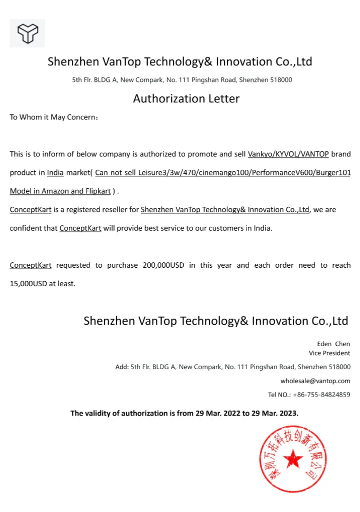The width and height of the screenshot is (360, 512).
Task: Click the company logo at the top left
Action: coord(27,33)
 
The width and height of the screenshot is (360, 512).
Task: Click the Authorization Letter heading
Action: coord(186,99)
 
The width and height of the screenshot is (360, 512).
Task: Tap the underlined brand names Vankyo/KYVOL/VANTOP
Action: coord(288,154)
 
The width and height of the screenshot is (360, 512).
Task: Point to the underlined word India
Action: coord(55,173)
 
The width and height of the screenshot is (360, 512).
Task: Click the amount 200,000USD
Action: coord(163,265)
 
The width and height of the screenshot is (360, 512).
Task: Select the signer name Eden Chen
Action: coord(333,344)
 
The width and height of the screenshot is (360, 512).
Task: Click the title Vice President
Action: coord(329,353)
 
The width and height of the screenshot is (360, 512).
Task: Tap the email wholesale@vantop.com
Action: coord(315,381)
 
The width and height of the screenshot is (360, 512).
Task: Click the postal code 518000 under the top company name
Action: coord(281,80)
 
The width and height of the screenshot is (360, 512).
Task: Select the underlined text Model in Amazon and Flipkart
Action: coord(60,191)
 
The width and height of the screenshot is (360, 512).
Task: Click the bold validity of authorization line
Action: coord(184,413)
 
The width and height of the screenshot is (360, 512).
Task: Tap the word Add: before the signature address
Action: coord(122,367)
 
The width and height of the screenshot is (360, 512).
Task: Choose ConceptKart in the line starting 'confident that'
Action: coord(80,228)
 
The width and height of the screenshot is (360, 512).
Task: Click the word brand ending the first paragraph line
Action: coord(341,154)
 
